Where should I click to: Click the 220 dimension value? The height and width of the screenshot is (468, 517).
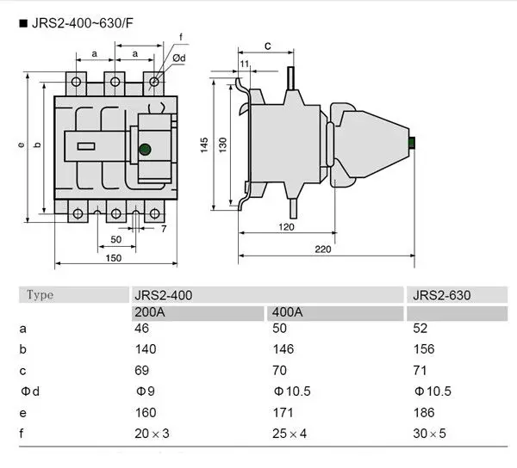[x=323, y=249]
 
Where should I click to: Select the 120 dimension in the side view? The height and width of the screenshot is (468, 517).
[x=286, y=227]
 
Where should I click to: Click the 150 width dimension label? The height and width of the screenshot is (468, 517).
[x=113, y=258]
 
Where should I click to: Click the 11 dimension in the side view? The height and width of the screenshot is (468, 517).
[x=246, y=65]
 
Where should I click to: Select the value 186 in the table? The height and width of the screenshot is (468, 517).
[x=423, y=413]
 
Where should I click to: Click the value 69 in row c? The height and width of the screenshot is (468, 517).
[x=142, y=371]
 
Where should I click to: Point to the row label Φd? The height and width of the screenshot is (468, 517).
[x=30, y=392]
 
